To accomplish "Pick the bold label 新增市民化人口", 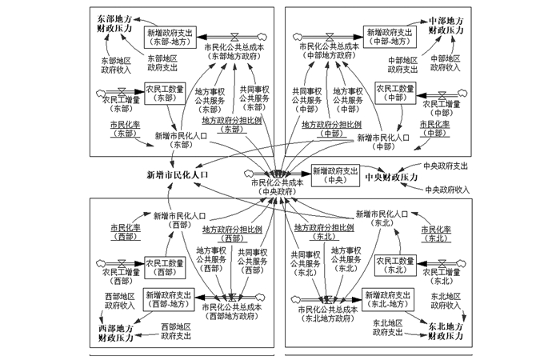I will coord(177,174).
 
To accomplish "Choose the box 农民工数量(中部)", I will coord(395,92).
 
